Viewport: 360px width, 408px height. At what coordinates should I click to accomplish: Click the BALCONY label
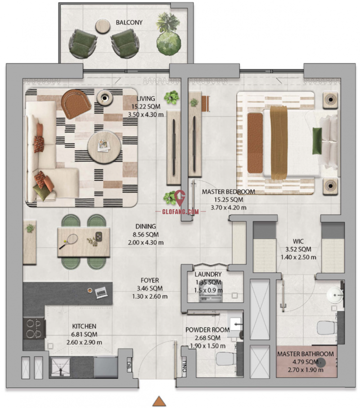(x=129, y=22)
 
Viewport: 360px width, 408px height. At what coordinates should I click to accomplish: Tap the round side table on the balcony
(x=103, y=26)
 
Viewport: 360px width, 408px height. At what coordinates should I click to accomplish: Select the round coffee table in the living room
(x=104, y=147)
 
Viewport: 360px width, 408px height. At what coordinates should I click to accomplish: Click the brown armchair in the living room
(x=76, y=103)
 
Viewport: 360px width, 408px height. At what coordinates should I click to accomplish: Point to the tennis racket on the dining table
(x=69, y=241)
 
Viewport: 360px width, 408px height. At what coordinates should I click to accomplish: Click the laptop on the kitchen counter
(x=101, y=292)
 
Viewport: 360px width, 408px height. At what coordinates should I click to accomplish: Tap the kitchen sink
(x=61, y=367)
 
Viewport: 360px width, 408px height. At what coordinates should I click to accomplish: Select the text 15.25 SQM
(x=229, y=200)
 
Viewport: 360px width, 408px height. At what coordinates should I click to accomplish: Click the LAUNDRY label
(x=208, y=274)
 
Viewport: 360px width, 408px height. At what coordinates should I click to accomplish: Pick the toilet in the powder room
(x=226, y=359)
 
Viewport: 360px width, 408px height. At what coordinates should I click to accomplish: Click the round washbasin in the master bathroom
(x=335, y=295)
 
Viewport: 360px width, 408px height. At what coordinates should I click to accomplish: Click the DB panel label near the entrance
(x=129, y=364)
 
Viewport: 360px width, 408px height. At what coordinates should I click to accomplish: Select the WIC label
(x=298, y=241)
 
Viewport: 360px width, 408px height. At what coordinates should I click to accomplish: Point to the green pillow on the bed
(x=317, y=141)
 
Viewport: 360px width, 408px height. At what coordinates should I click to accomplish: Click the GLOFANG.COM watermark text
(x=180, y=211)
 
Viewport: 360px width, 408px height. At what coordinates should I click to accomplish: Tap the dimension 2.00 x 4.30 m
(x=146, y=242)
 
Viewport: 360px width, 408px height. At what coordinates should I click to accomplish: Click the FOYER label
(x=150, y=280)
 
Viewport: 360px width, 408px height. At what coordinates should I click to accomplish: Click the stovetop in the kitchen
(x=34, y=328)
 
